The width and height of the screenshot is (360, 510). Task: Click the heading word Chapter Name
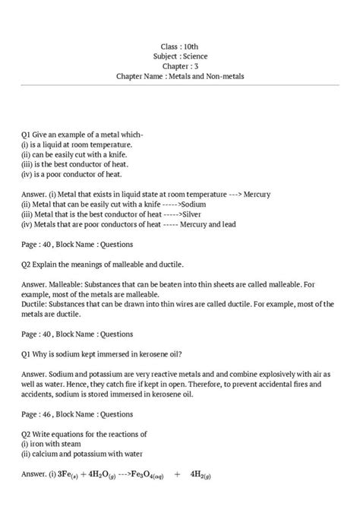pyautogui.click(x=145, y=77)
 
